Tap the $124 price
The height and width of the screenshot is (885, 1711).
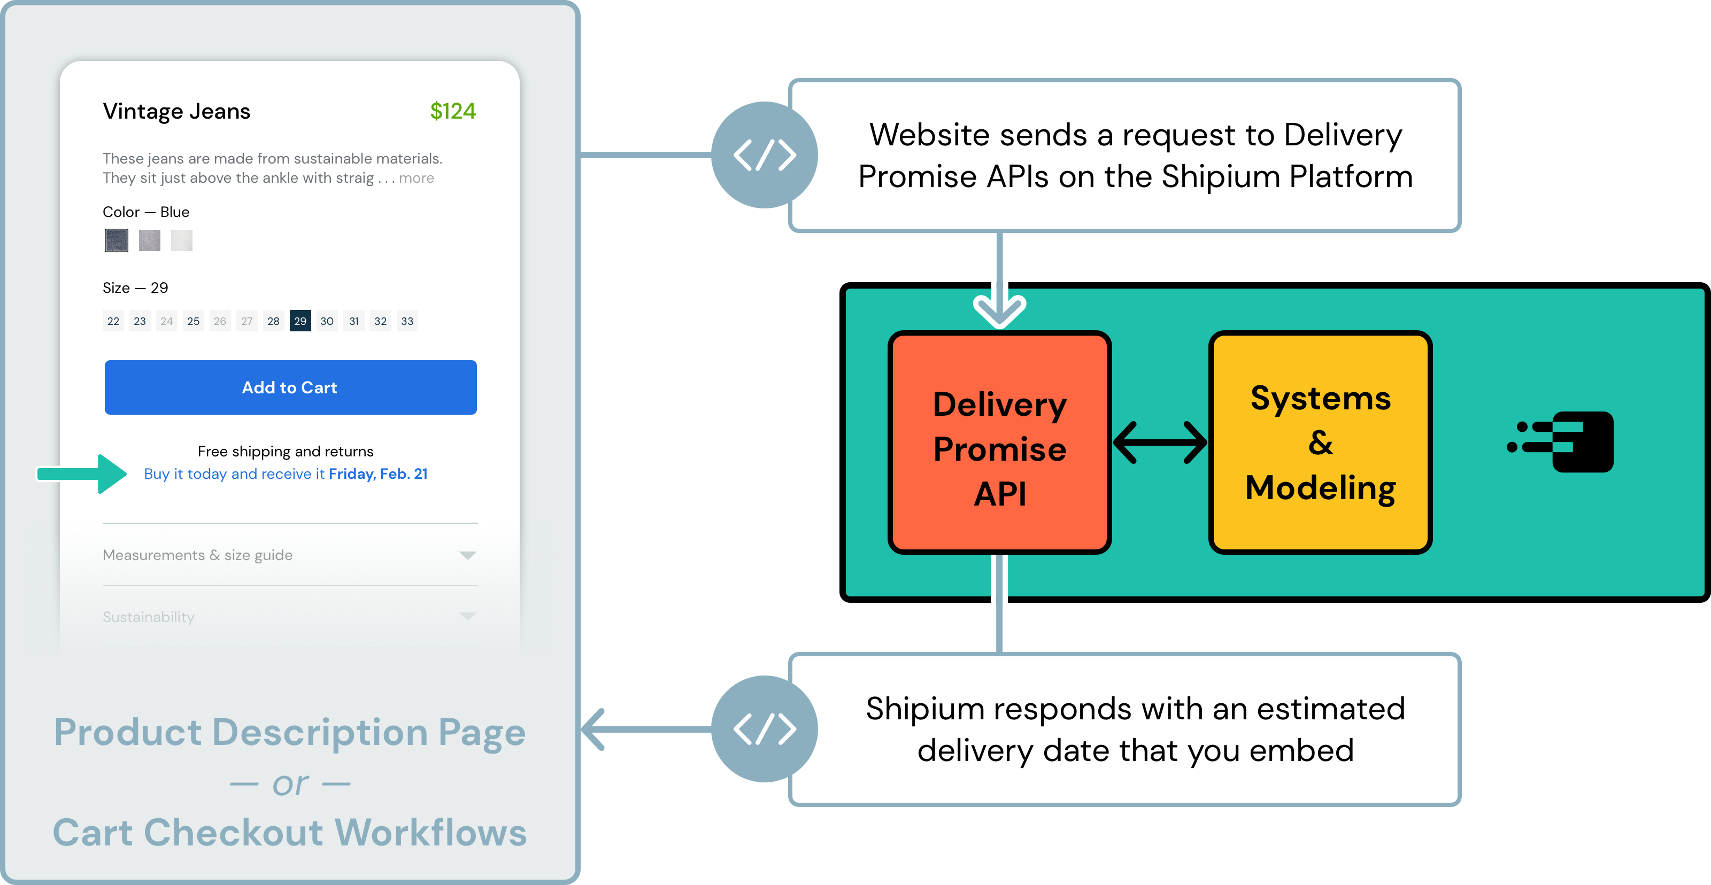coord(452,111)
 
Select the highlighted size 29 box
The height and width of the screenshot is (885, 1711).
coord(300,321)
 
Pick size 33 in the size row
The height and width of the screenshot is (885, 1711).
coord(407,321)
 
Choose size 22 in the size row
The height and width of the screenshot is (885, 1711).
coord(113,321)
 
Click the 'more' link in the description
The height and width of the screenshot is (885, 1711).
coord(417,178)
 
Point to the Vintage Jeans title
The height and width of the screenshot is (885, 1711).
coord(176,111)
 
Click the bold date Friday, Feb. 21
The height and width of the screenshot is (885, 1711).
coord(378,474)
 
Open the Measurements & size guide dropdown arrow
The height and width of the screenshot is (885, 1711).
coord(468,555)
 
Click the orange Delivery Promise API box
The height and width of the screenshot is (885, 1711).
coord(1000,442)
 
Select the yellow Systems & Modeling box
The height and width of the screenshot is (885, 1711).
coord(1320,442)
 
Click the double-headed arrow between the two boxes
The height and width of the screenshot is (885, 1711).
coord(1160,442)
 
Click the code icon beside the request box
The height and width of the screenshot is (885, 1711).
coord(765,154)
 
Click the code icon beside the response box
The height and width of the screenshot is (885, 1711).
coord(765,729)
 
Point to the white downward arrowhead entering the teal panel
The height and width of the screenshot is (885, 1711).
coord(1000,310)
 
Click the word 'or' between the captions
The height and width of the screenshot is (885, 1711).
coord(290,784)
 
